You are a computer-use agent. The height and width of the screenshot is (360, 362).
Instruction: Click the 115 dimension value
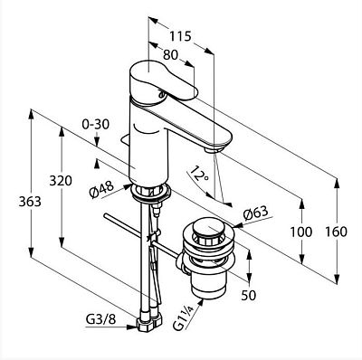pyautogui.click(x=180, y=36)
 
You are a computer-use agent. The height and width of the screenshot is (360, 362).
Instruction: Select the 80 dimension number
pyautogui.click(x=170, y=55)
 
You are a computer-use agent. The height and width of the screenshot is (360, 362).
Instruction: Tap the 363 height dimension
pyautogui.click(x=30, y=202)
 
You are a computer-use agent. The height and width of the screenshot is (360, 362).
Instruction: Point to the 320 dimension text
pyautogui.click(x=61, y=181)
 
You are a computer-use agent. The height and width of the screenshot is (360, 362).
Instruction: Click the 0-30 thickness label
pyautogui.click(x=96, y=124)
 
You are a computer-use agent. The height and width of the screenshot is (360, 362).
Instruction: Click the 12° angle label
pyautogui.click(x=198, y=175)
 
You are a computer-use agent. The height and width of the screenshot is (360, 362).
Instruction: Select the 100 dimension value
pyautogui.click(x=301, y=232)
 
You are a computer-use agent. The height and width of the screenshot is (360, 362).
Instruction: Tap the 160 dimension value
pyautogui.click(x=336, y=232)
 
